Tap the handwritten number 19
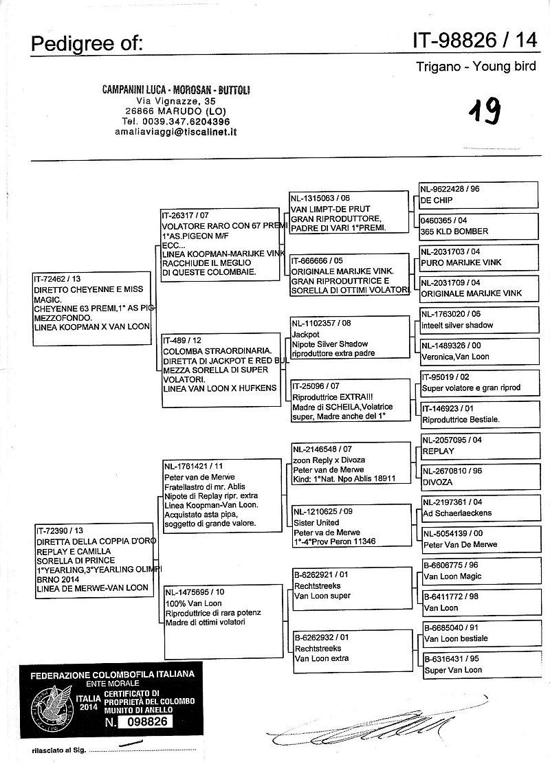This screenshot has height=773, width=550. point(485,109)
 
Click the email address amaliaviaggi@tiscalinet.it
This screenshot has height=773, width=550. point(176,131)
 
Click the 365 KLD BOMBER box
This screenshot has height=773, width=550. point(478,225)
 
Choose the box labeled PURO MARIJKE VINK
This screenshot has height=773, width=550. point(478,257)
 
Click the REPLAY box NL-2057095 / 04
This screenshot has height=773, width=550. point(478,445)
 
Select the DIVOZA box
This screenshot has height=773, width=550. point(478,477)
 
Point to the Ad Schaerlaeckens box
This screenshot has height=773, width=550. point(478,508)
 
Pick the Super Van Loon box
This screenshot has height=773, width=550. point(478,664)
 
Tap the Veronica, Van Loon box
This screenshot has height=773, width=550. point(478,351)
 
